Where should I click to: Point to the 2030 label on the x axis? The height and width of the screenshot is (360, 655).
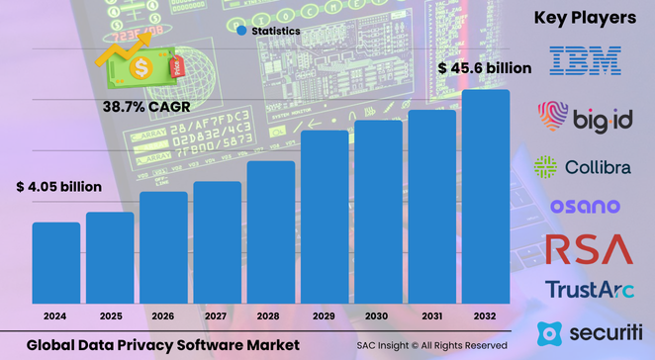point(378,315)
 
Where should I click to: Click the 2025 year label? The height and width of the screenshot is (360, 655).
point(110,315)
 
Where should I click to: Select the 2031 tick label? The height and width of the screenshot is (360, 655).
point(431,315)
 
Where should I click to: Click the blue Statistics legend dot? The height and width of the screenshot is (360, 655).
point(241,32)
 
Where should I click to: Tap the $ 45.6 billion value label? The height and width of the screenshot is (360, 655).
point(485,68)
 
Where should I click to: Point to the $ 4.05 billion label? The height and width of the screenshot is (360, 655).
point(58,186)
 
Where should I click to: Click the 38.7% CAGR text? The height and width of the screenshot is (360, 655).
point(146,104)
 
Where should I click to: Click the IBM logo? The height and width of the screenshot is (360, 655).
point(585,59)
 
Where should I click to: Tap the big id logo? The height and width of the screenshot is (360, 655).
point(584,119)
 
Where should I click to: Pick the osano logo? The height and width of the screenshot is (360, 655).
point(585,206)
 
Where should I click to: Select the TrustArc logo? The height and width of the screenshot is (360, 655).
point(586,289)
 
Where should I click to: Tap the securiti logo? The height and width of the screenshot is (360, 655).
point(590,330)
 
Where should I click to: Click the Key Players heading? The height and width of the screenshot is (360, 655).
point(585,18)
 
